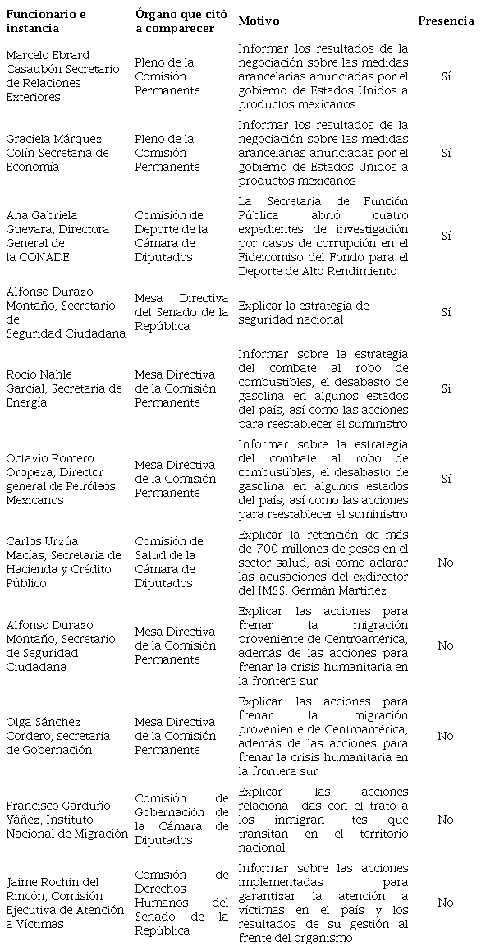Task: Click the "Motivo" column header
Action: (x=258, y=21)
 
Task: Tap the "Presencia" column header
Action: (x=446, y=21)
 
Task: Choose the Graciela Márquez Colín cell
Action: (x=57, y=153)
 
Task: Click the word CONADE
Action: (x=47, y=257)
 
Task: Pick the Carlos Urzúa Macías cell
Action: (x=63, y=563)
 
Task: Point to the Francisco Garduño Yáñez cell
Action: (x=66, y=820)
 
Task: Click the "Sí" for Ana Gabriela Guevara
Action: (x=446, y=236)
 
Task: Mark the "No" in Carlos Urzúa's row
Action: (x=445, y=563)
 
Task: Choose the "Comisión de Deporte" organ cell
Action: (x=171, y=236)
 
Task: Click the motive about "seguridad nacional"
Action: (x=304, y=312)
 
